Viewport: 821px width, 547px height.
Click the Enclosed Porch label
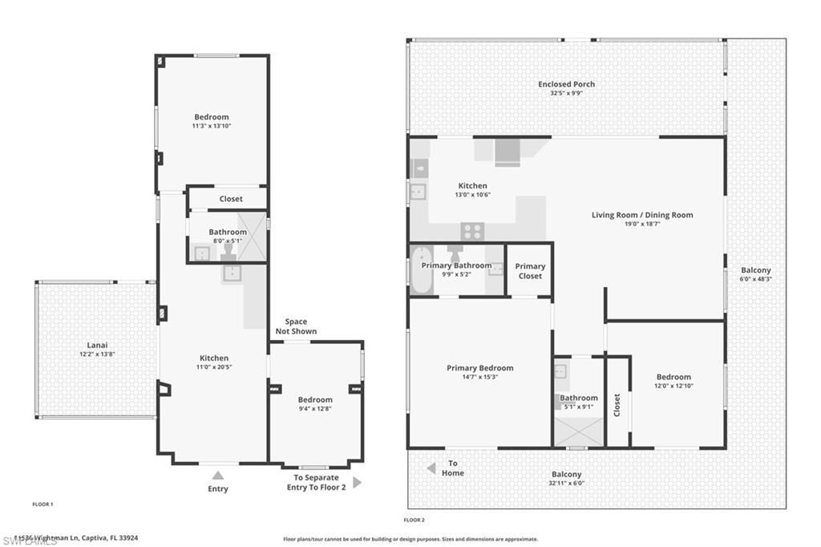(566, 84)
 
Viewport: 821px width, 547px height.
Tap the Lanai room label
(96, 345)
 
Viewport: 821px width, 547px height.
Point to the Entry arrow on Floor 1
(217, 476)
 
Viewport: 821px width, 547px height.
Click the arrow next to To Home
(431, 468)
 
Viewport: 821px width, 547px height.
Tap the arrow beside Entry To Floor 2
(357, 482)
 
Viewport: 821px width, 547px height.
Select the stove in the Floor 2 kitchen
(472, 231)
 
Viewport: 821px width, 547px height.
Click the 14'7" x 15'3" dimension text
(479, 377)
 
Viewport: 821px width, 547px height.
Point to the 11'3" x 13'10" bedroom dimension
(211, 126)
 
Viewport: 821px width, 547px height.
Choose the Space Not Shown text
(296, 326)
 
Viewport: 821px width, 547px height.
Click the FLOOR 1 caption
(42, 504)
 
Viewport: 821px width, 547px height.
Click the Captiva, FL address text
(77, 538)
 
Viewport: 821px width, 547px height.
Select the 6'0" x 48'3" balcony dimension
(755, 279)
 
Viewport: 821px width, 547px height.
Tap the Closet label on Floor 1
(231, 199)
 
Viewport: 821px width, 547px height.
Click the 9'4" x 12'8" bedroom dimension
(315, 409)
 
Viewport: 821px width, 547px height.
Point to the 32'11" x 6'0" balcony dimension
(567, 483)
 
